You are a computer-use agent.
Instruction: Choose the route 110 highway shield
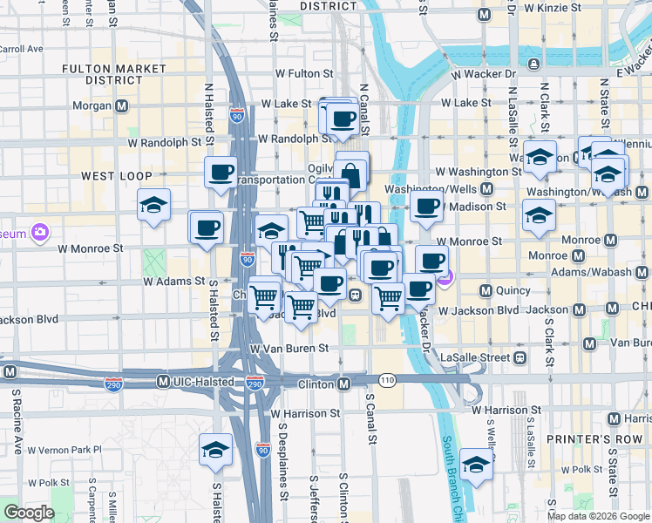[x=387, y=380]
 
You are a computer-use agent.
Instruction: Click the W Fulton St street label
[x=304, y=74]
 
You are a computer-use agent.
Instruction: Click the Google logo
[x=29, y=513]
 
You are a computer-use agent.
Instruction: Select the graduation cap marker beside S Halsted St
[x=215, y=451]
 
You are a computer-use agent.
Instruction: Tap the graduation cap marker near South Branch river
[x=477, y=465]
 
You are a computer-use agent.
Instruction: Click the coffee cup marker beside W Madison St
[x=427, y=207]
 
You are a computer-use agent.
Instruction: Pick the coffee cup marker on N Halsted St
[x=221, y=170]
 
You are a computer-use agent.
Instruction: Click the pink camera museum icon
[x=38, y=233]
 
